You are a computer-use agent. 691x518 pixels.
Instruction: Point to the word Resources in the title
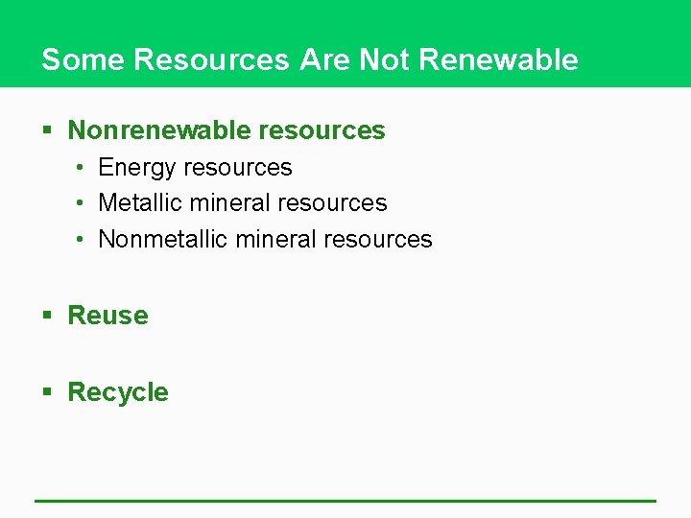pyautogui.click(x=211, y=59)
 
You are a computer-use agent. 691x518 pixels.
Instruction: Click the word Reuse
pyautogui.click(x=107, y=316)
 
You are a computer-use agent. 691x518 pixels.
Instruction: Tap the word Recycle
pyautogui.click(x=118, y=392)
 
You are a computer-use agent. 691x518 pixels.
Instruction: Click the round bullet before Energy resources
pyautogui.click(x=81, y=168)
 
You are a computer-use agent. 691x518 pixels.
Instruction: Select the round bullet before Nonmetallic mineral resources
pyautogui.click(x=81, y=239)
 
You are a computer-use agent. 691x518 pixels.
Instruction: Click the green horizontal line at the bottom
pyautogui.click(x=345, y=501)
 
